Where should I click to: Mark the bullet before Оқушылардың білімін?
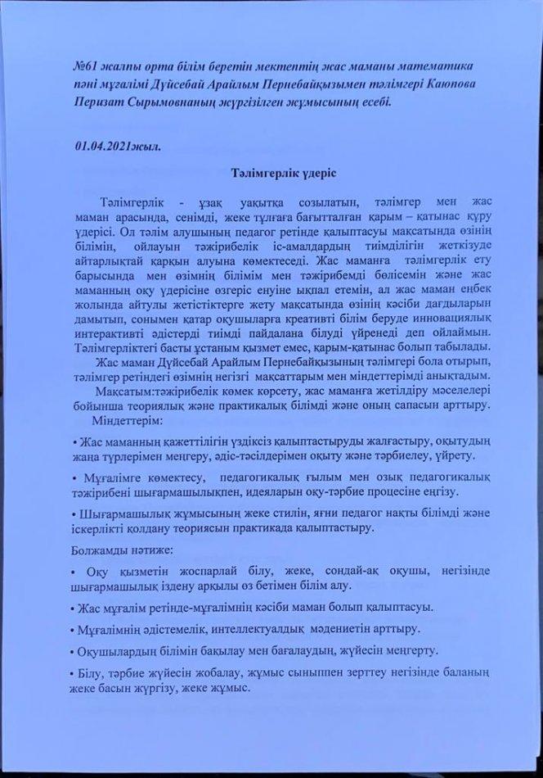point(75,650)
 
